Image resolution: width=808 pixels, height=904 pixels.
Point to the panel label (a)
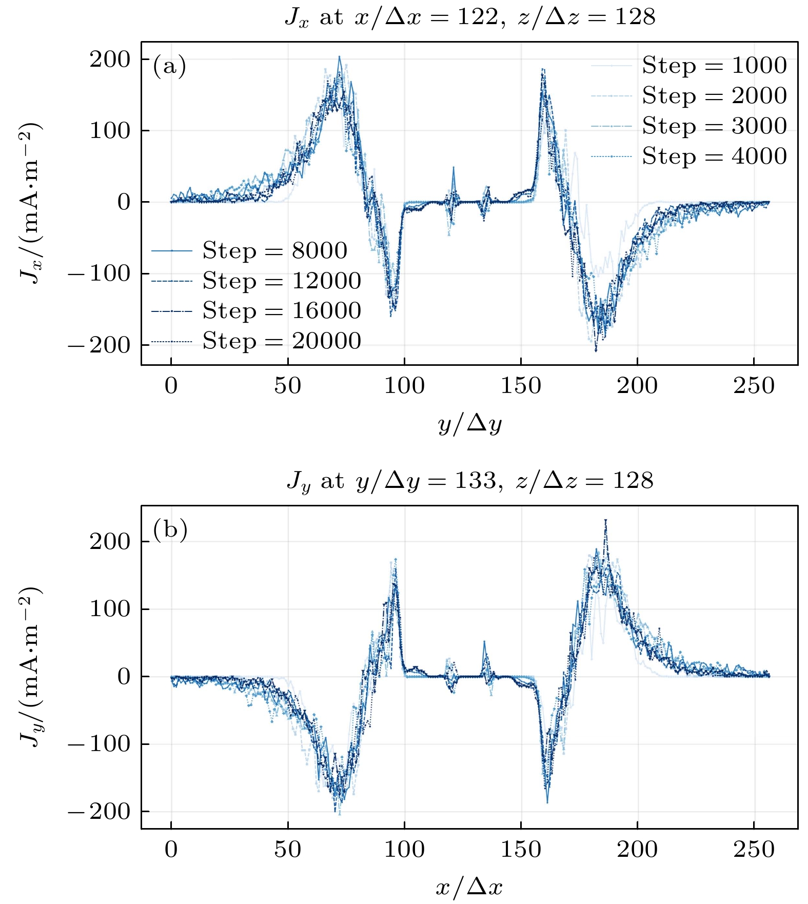point(169,66)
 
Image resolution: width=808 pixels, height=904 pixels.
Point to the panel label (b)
point(170,530)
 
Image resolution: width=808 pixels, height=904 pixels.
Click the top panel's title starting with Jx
point(470,17)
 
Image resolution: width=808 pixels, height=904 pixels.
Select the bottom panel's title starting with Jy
point(470,481)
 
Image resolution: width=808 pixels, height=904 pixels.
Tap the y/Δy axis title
point(470,424)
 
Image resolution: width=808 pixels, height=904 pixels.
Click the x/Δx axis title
point(469,887)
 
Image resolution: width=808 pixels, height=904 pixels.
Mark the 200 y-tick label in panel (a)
point(110,60)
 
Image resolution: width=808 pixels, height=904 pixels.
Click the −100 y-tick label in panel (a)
point(100,274)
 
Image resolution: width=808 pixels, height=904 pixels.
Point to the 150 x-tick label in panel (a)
point(521,386)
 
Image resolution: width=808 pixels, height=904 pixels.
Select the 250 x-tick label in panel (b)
point(754,850)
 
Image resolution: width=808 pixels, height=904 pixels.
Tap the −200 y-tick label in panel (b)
point(100,812)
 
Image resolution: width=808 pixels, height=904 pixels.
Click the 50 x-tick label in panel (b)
point(287,850)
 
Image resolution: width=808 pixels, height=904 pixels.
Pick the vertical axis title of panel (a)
point(30,203)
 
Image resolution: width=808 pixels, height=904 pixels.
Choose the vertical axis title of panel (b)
point(30,666)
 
